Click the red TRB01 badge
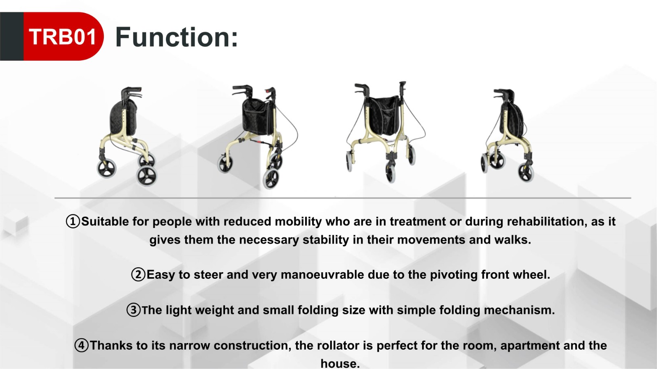(63, 36)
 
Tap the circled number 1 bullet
(73, 222)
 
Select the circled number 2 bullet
(138, 275)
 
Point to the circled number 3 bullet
(133, 310)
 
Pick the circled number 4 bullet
(82, 346)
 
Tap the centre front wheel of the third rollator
(391, 173)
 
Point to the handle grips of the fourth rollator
(503, 94)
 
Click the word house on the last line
(340, 363)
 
